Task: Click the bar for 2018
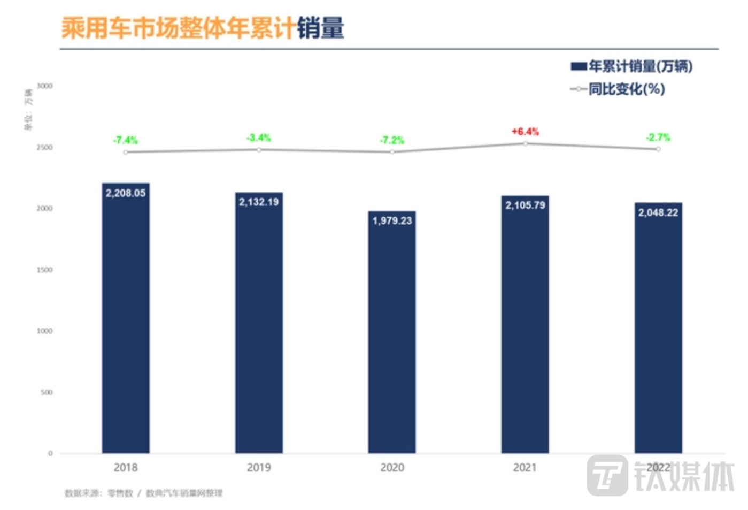pyautogui.click(x=126, y=321)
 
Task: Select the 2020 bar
pyautogui.click(x=392, y=334)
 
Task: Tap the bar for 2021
pyautogui.click(x=525, y=326)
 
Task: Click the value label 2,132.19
pyautogui.click(x=259, y=202)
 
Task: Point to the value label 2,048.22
pyautogui.click(x=658, y=212)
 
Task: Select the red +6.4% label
pyautogui.click(x=525, y=131)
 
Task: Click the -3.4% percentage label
pyautogui.click(x=259, y=138)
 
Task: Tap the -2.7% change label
pyautogui.click(x=658, y=137)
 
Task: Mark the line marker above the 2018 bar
pyautogui.click(x=126, y=153)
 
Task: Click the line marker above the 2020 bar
pyautogui.click(x=392, y=152)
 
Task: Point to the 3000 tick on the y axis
pyautogui.click(x=45, y=86)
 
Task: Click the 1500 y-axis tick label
pyautogui.click(x=45, y=270)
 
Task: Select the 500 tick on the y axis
pyautogui.click(x=47, y=392)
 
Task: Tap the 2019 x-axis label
pyautogui.click(x=259, y=467)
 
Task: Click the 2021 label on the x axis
pyautogui.click(x=525, y=467)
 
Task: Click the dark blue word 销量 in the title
pyautogui.click(x=320, y=28)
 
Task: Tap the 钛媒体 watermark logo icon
pyautogui.click(x=607, y=475)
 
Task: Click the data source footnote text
pyautogui.click(x=143, y=493)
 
